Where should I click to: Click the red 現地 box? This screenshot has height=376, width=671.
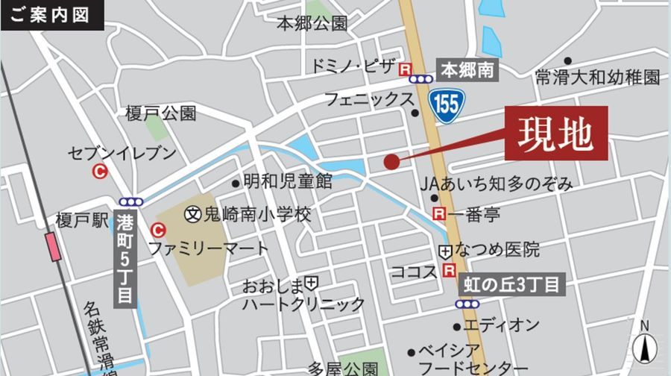[x=556, y=134]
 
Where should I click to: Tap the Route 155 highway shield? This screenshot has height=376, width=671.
[x=447, y=101]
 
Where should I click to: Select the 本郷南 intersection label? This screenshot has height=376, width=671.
[x=467, y=71]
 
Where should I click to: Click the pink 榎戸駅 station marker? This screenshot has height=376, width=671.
[x=52, y=246]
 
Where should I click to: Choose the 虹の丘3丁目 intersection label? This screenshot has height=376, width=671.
[x=509, y=284]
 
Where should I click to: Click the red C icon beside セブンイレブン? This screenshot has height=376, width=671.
[x=99, y=172]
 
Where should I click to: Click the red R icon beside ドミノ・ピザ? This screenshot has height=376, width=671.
[x=405, y=69]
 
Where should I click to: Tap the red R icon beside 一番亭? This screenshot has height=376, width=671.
[x=439, y=215]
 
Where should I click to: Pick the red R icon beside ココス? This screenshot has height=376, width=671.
[x=449, y=271]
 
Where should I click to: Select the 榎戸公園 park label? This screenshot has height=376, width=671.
[x=160, y=113]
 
